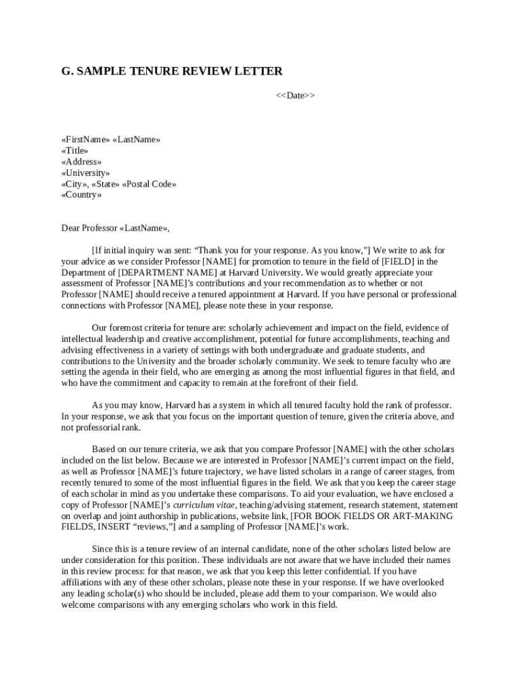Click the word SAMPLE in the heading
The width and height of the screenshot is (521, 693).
pyautogui.click(x=102, y=71)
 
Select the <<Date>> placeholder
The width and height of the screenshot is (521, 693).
pyautogui.click(x=295, y=95)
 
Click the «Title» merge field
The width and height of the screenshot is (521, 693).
pyautogui.click(x=74, y=150)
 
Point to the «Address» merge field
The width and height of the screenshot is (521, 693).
pyautogui.click(x=81, y=162)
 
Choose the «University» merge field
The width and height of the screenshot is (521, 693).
pyautogui.click(x=85, y=173)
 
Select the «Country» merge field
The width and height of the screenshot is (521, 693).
pyautogui.click(x=81, y=195)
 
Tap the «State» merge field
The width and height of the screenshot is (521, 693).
pyautogui.click(x=106, y=184)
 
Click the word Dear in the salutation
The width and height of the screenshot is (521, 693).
pyautogui.click(x=71, y=228)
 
